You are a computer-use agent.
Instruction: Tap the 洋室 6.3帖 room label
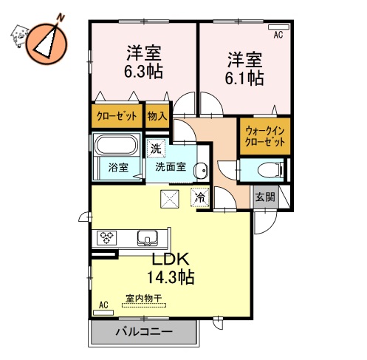(x=143, y=62)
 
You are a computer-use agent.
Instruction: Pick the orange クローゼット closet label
(x=116, y=116)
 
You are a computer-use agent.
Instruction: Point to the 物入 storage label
(x=157, y=116)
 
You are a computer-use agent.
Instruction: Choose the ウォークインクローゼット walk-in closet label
(x=264, y=136)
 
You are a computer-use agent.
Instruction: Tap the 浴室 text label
(x=117, y=167)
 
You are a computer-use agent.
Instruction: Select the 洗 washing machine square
(x=156, y=149)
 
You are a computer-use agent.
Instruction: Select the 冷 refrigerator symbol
(x=199, y=197)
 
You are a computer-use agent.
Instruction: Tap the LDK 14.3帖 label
(x=172, y=268)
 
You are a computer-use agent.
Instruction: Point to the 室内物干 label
(x=144, y=299)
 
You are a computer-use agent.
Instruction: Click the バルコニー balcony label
(x=144, y=333)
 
